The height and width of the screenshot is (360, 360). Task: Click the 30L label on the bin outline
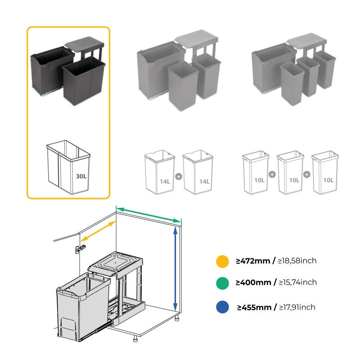tap(81, 176)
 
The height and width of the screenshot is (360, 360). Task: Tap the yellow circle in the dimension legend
tap(222, 261)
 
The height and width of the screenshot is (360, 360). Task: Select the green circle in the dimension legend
tap(222, 283)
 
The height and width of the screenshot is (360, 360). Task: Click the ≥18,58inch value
tap(297, 261)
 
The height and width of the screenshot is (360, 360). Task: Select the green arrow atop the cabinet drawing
tap(148, 214)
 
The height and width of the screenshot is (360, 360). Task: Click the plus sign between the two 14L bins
tap(179, 176)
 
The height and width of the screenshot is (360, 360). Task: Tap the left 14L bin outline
tap(159, 173)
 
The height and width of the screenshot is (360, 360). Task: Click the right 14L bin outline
tap(198, 173)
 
